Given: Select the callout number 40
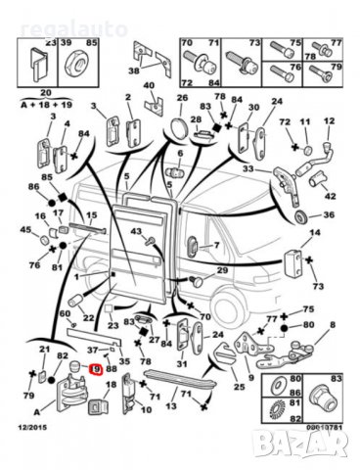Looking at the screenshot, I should coord(150,85).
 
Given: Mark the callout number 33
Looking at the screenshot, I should coord(248,168).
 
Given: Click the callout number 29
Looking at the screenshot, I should coord(222,269).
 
